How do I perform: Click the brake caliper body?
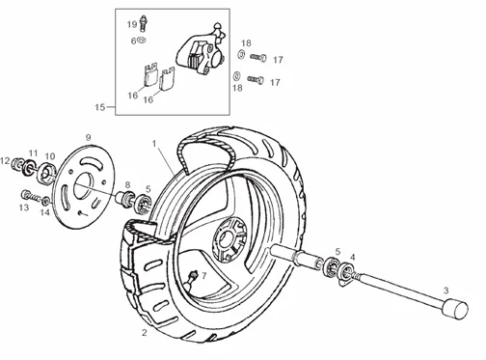199,51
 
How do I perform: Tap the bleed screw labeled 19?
143,23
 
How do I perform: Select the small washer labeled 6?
141,41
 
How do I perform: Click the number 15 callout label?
100,107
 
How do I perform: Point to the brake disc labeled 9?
86,187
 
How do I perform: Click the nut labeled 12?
15,164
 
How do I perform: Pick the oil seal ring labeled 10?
47,174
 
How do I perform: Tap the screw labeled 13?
31,196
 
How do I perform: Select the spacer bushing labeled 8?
124,198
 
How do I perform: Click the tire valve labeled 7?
191,279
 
